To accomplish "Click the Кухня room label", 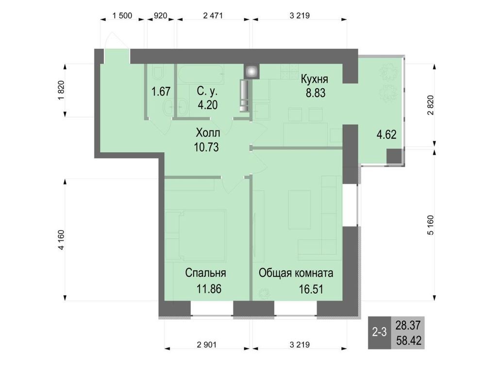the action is click(314, 80).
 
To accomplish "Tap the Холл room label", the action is click(208, 133).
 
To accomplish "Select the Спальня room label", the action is click(205, 273).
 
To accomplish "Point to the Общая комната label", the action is click(296, 273).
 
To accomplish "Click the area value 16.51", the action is click(311, 289).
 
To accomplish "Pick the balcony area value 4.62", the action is click(386, 135).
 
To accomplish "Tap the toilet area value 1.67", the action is click(161, 92).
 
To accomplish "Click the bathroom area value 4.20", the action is click(208, 105).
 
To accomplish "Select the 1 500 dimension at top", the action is click(122, 16).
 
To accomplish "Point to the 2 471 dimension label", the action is click(213, 16).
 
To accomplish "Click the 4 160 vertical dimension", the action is click(61, 240).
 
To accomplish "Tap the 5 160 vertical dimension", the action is click(431, 225).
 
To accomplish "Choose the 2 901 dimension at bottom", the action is click(207, 345).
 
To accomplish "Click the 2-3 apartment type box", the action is click(380, 333).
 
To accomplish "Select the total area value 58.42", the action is click(409, 341).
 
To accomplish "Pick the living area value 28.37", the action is click(408, 325).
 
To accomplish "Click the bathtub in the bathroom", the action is click(201, 74).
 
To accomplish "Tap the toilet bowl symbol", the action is click(158, 74).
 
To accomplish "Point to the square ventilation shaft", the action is click(251, 72).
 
